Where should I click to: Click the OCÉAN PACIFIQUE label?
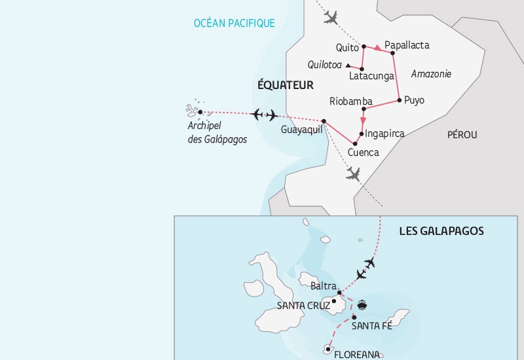(x=234, y=24)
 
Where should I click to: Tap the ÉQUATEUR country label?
(x=286, y=85)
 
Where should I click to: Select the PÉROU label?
(x=462, y=134)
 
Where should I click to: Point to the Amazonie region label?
(x=431, y=74)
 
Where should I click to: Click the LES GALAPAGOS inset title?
(x=441, y=231)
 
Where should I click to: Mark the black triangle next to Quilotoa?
(x=348, y=65)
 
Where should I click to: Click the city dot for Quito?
(x=364, y=46)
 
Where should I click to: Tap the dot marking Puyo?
(x=399, y=100)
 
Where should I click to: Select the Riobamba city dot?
(x=364, y=109)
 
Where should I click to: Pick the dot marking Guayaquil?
(x=324, y=120)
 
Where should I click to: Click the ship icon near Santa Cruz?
(x=361, y=304)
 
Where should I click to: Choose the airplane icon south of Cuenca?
(x=353, y=173)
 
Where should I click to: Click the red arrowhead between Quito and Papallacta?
(x=378, y=48)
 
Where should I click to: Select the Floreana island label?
(x=357, y=355)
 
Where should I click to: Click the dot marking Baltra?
(x=339, y=293)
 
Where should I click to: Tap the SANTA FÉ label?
(x=371, y=326)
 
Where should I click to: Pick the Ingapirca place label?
(x=385, y=134)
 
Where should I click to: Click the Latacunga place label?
(x=371, y=77)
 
